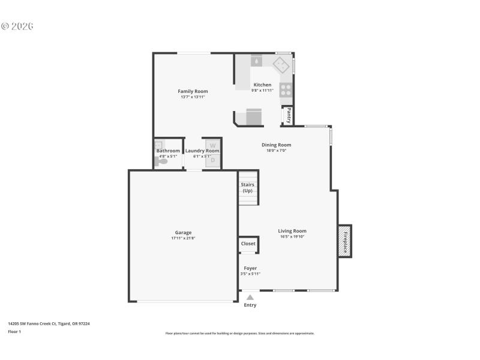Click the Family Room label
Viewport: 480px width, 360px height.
pyautogui.click(x=193, y=91)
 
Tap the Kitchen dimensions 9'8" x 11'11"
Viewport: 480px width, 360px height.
pyautogui.click(x=262, y=91)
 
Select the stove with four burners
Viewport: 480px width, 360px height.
pyautogui.click(x=286, y=90)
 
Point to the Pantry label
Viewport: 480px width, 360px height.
pyautogui.click(x=289, y=115)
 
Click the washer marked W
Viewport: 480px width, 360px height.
pyautogui.click(x=212, y=145)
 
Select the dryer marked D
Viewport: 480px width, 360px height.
pyautogui.click(x=212, y=160)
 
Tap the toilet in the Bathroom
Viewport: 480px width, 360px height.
pyautogui.click(x=161, y=161)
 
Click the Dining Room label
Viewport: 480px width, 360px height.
pyautogui.click(x=277, y=145)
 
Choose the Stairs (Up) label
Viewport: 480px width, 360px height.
pyautogui.click(x=248, y=187)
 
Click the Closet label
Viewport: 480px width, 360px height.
pyautogui.click(x=248, y=244)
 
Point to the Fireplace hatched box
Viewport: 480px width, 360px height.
pyautogui.click(x=345, y=241)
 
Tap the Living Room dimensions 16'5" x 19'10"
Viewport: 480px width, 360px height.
pyautogui.click(x=292, y=236)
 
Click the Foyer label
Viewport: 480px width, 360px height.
pyautogui.click(x=250, y=268)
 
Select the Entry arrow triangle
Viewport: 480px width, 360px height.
pyautogui.click(x=250, y=296)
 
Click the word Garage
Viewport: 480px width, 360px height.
pyautogui.click(x=183, y=232)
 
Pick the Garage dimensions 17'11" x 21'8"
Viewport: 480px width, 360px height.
pyautogui.click(x=183, y=238)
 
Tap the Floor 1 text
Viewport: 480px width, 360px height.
pyautogui.click(x=14, y=331)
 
